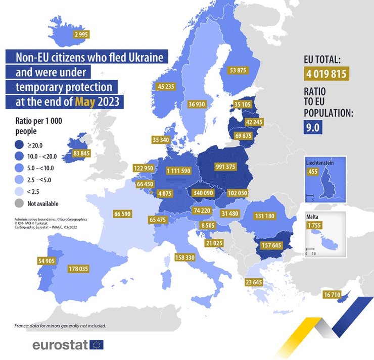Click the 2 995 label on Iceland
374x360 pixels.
81,34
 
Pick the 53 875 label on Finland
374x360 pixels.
238,70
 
